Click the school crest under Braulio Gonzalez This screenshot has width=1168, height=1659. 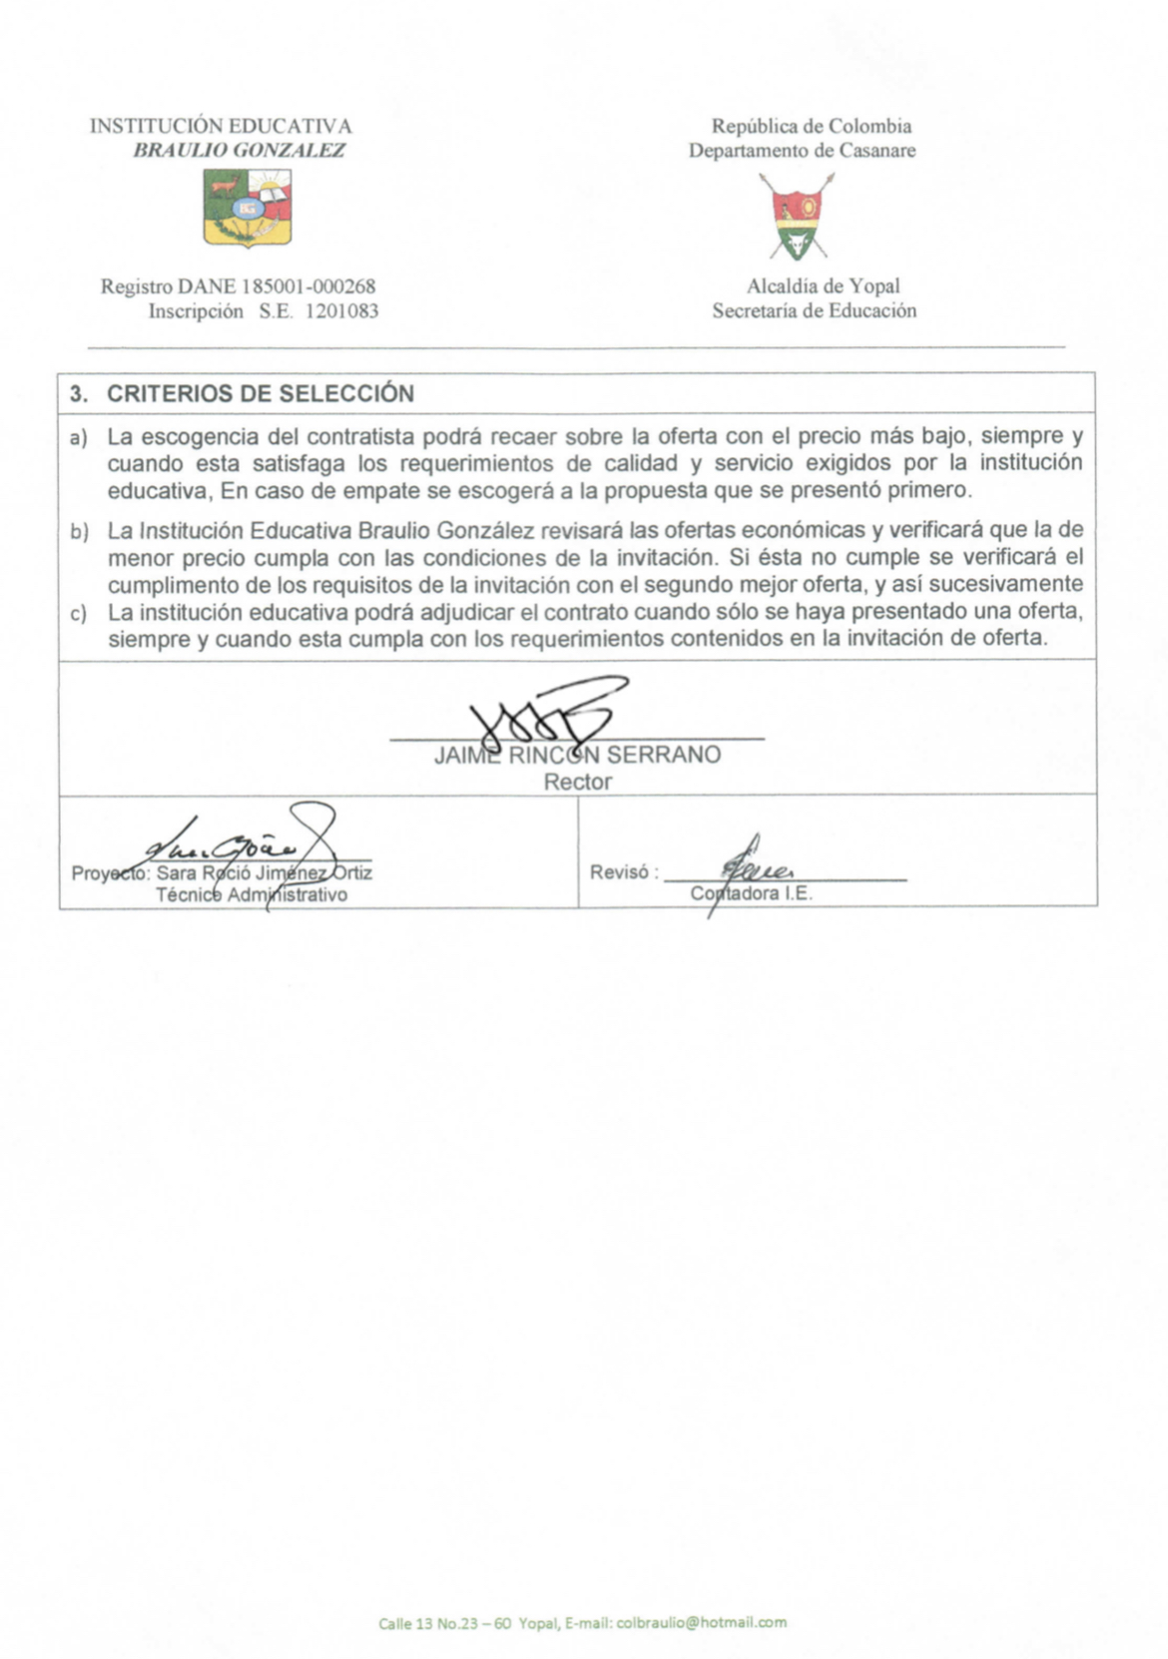[x=248, y=207]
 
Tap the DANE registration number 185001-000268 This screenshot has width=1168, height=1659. [x=308, y=287]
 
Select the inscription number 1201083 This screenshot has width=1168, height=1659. [x=341, y=311]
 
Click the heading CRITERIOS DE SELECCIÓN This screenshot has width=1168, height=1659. [x=260, y=393]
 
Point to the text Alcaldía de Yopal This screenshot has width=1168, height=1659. [x=823, y=287]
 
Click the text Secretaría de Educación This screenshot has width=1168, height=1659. [x=814, y=311]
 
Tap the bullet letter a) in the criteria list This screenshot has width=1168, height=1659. [x=79, y=438]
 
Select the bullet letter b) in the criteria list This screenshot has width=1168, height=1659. [x=79, y=532]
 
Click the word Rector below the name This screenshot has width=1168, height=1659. [x=577, y=783]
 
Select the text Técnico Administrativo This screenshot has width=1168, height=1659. [x=252, y=895]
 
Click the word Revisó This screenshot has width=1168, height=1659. [x=620, y=872]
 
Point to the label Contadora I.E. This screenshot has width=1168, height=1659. [x=751, y=894]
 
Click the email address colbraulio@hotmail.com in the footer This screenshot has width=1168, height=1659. [x=701, y=1623]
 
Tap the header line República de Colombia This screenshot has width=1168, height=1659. [x=811, y=127]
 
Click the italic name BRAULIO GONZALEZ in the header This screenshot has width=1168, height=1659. [x=240, y=151]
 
